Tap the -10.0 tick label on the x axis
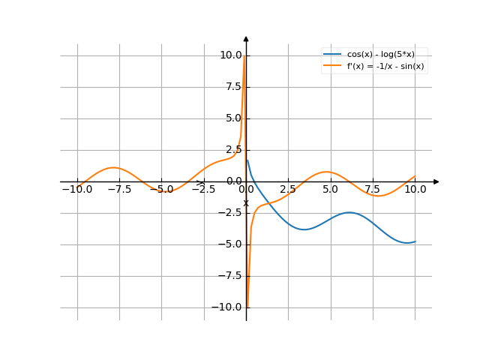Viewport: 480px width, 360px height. pyautogui.click(x=77, y=190)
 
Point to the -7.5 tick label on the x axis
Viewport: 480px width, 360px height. pyautogui.click(x=120, y=190)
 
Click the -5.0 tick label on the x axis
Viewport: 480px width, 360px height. pyautogui.click(x=162, y=190)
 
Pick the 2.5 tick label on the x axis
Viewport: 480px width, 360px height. pyautogui.click(x=289, y=190)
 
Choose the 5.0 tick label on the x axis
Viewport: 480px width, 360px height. pyautogui.click(x=331, y=190)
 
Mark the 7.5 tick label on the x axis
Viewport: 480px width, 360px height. pyautogui.click(x=373, y=190)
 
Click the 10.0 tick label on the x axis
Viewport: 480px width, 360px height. pyautogui.click(x=415, y=190)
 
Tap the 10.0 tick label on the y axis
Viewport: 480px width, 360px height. pyautogui.click(x=230, y=55)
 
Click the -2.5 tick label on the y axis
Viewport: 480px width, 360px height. pyautogui.click(x=230, y=213)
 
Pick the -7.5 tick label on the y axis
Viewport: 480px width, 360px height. pyautogui.click(x=230, y=276)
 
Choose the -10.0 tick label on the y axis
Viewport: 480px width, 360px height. pyautogui.click(x=228, y=307)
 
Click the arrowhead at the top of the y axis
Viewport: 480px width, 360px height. pyautogui.click(x=246, y=37)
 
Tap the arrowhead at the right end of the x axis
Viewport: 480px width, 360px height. pyautogui.click(x=436, y=181)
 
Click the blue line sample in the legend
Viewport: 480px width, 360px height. pyautogui.click(x=332, y=54)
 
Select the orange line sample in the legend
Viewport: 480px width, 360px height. pyautogui.click(x=332, y=65)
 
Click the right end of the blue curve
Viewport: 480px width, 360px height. pyautogui.click(x=415, y=241)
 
